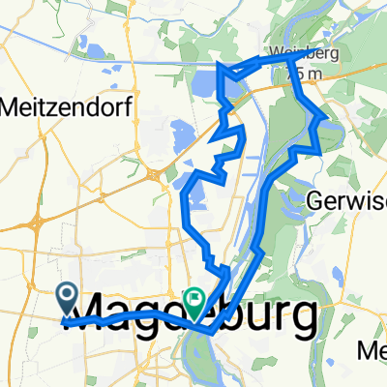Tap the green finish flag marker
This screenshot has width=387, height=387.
(194, 304)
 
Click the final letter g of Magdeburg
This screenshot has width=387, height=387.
(304, 319)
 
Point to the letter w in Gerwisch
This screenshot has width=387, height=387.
(350, 201)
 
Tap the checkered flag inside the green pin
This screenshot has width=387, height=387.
(194, 301)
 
